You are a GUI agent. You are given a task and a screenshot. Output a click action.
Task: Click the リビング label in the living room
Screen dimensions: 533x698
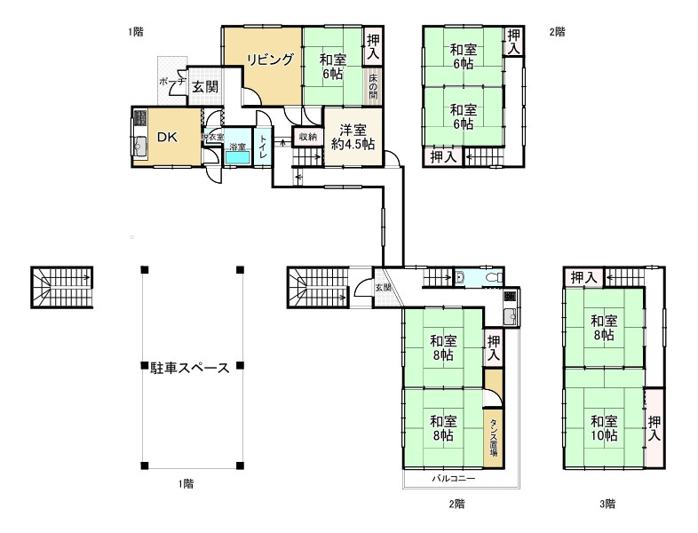(270, 60)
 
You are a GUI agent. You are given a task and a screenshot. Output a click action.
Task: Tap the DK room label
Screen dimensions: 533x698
(168, 138)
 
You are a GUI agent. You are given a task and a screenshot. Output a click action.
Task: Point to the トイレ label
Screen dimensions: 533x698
(264, 147)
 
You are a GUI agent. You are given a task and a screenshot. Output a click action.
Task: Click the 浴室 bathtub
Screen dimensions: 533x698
(237, 156)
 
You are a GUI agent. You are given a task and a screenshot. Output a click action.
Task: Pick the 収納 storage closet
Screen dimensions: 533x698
(307, 137)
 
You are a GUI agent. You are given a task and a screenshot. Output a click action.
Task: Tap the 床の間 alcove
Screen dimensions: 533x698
(373, 85)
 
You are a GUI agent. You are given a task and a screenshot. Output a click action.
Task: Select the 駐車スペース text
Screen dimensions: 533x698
(190, 367)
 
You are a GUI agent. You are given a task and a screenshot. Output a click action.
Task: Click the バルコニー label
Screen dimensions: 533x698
(454, 479)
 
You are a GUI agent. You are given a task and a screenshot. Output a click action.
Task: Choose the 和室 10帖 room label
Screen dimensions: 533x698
(604, 428)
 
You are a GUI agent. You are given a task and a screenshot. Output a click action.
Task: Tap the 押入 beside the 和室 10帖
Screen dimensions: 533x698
(654, 428)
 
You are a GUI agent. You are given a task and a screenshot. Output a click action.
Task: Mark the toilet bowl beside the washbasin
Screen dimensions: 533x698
(493, 277)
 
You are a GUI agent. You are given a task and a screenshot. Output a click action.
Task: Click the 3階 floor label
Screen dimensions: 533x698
(607, 504)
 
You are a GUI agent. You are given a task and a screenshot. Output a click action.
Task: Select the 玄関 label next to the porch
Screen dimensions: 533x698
(205, 86)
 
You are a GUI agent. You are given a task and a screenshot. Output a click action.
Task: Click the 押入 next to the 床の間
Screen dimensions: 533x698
(374, 45)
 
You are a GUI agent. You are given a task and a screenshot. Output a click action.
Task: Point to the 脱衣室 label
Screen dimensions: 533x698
(212, 137)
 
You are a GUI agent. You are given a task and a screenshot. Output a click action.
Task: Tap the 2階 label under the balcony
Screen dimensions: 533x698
(456, 504)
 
